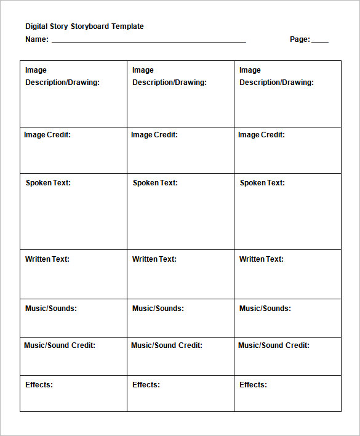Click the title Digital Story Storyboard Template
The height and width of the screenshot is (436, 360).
[x=84, y=26]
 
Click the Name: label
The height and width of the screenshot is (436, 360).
[x=37, y=39]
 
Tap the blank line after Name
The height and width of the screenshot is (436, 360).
[x=148, y=41]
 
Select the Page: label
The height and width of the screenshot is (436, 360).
[x=300, y=39]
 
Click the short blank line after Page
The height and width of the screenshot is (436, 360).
[x=320, y=41]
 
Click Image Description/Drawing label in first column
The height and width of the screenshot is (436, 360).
[x=62, y=76]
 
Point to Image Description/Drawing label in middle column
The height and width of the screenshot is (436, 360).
[x=169, y=76]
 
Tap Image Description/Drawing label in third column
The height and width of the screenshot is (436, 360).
[x=276, y=76]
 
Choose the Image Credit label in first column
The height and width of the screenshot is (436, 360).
[x=47, y=135]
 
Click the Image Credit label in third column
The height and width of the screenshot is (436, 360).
[x=262, y=135]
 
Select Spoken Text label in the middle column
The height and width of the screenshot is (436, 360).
[x=155, y=183]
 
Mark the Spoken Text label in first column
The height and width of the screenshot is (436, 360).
[x=48, y=183]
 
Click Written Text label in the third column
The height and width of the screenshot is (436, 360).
[x=262, y=259]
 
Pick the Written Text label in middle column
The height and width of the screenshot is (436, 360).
[x=154, y=259]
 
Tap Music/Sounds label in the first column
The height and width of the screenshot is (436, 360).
[x=51, y=309]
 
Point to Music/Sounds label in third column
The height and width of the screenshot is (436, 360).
[x=265, y=309]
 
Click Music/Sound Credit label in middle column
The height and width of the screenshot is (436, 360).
[x=167, y=345]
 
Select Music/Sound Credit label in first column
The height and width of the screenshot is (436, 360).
[x=60, y=345]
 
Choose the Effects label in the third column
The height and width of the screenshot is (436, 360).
[x=253, y=385]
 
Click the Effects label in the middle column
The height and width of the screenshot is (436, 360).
[x=146, y=385]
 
